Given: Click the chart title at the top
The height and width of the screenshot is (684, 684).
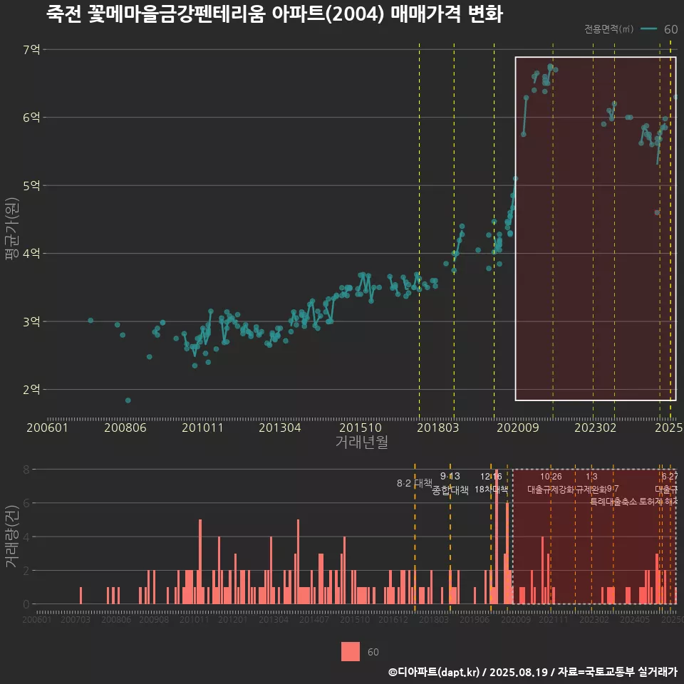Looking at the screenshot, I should (274, 14).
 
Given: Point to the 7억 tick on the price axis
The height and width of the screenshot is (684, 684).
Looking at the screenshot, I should (31, 50).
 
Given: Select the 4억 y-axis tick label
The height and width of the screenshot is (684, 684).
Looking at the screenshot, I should (31, 254).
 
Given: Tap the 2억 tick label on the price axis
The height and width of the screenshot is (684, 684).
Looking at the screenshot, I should (31, 390).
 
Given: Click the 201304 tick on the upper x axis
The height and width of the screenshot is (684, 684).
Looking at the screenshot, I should (279, 428).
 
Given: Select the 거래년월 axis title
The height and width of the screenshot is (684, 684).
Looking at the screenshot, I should (361, 442).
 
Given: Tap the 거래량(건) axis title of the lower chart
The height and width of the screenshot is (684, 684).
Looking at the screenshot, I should (11, 537).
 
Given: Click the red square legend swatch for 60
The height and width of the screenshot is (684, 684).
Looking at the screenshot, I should (351, 651).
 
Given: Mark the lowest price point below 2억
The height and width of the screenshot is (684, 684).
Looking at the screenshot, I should (128, 400).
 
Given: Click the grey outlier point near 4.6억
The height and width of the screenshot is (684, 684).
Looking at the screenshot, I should (657, 212).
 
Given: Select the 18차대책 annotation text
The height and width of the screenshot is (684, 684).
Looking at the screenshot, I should (491, 489).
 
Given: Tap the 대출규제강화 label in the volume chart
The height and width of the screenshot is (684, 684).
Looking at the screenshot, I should (551, 489).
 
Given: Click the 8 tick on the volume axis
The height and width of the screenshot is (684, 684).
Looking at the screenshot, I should (26, 470).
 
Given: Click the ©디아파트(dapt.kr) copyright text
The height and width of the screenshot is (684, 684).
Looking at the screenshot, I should (433, 671).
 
